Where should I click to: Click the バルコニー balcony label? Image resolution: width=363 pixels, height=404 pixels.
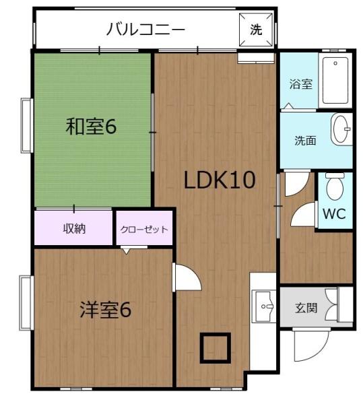[145, 30]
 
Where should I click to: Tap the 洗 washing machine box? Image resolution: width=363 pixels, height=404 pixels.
[257, 30]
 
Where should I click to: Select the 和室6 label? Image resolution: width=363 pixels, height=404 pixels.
[92, 126]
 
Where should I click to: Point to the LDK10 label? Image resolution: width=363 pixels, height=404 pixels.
[220, 180]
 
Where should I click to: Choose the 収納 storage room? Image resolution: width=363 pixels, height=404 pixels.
[74, 229]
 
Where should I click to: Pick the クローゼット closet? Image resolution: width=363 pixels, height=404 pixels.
[144, 229]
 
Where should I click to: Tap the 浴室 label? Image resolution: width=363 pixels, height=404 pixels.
[300, 84]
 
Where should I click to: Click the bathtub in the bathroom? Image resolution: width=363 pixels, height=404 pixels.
[335, 81]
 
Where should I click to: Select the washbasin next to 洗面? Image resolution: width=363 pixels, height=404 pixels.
[342, 129]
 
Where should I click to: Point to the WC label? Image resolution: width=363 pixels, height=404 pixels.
[334, 215]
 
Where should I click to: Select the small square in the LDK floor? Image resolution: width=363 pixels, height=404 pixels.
[215, 347]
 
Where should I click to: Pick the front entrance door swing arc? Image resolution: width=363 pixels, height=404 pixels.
[306, 347]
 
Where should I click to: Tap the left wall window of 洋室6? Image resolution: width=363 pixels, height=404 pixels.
[26, 303]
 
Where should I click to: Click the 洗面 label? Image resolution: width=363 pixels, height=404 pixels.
[305, 141]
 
